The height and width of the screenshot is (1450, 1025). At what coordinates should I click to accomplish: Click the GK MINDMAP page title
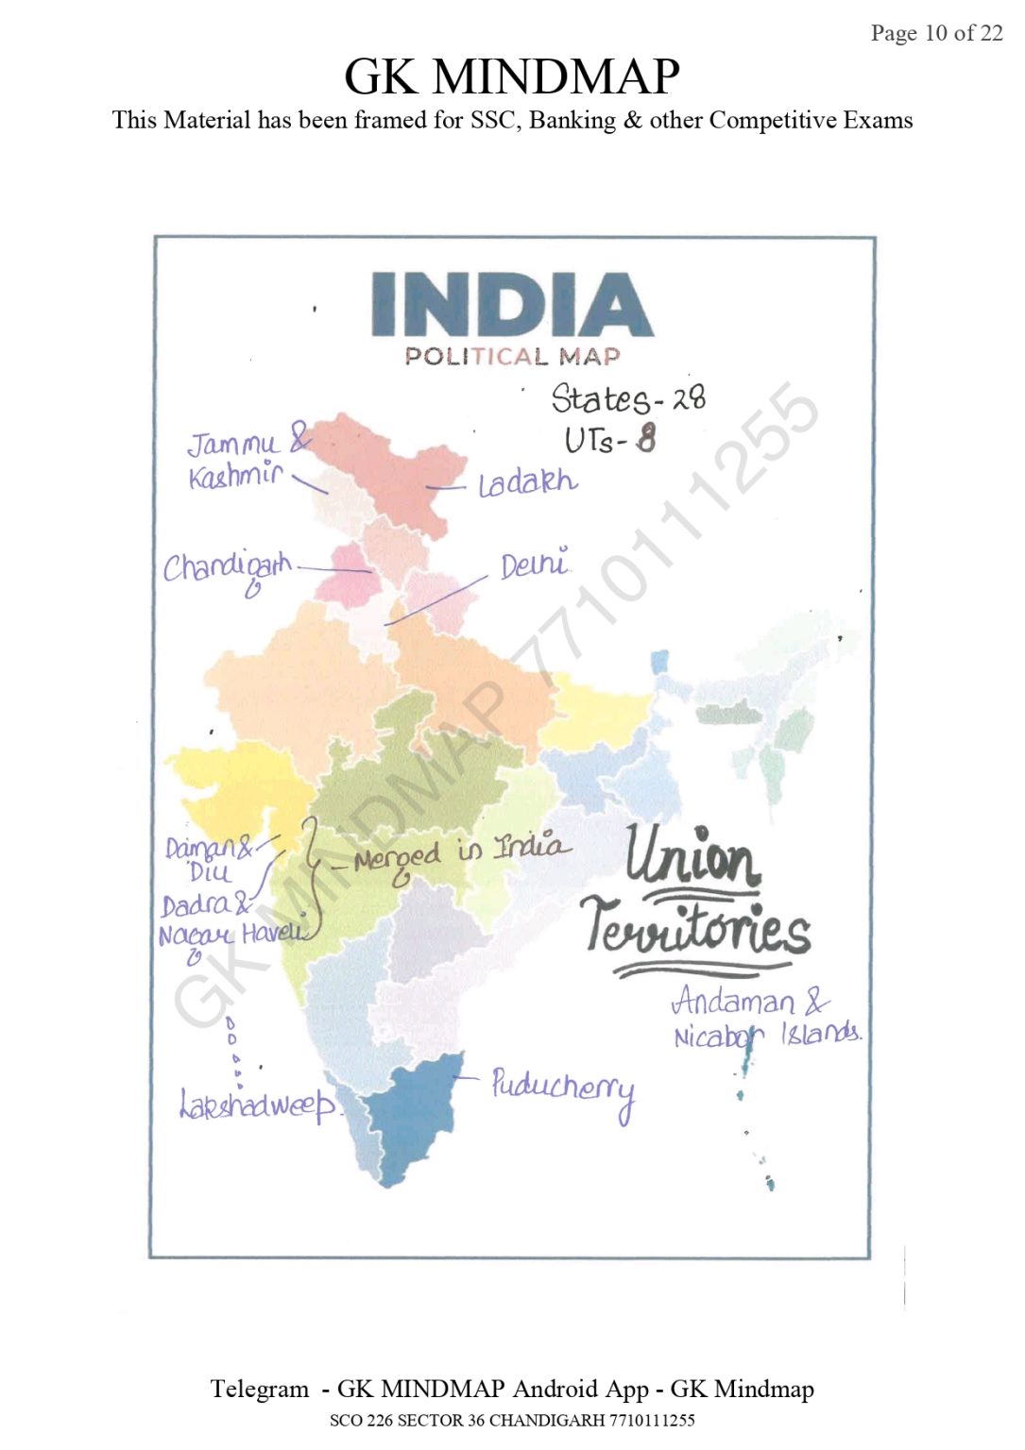(x=511, y=76)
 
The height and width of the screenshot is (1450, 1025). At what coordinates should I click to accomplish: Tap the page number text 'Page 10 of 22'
(x=936, y=33)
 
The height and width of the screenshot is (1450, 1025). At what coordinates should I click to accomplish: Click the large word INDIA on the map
(x=511, y=305)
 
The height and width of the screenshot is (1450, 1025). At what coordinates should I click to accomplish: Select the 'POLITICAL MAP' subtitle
(x=512, y=357)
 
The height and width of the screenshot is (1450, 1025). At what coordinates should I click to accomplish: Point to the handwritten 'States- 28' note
(x=627, y=398)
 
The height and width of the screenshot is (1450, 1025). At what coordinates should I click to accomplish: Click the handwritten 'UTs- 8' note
(x=609, y=439)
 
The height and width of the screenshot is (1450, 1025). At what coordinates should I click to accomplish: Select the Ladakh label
(x=527, y=483)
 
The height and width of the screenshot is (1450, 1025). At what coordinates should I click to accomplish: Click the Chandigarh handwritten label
(x=227, y=569)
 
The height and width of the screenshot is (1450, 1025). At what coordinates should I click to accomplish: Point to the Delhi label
(x=535, y=565)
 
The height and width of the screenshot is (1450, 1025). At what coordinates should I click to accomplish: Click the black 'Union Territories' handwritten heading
(x=696, y=897)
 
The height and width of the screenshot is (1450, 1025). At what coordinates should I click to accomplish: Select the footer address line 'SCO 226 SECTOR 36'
(x=511, y=1421)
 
